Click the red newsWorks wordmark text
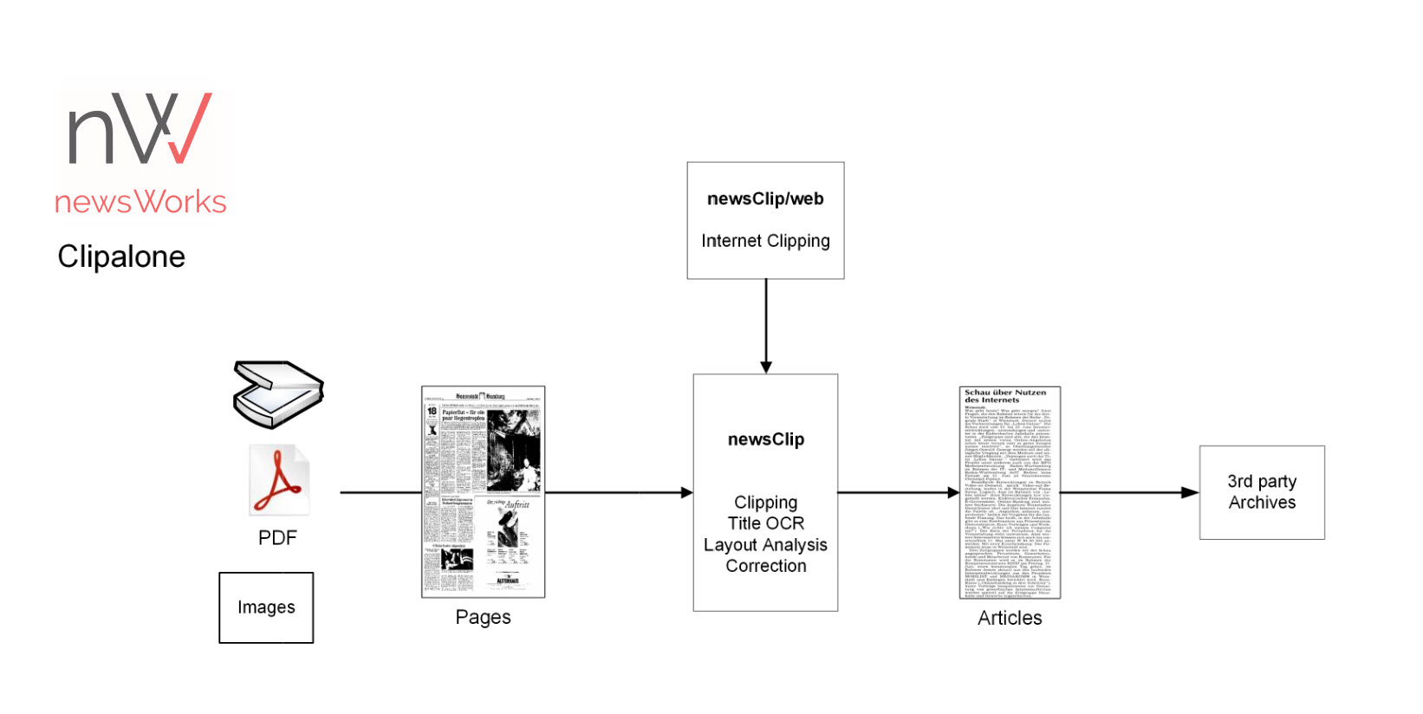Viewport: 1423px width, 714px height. click(x=140, y=202)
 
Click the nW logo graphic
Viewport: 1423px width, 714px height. click(x=140, y=128)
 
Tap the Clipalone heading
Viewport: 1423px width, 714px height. click(x=121, y=256)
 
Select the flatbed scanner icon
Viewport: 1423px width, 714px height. click(x=278, y=394)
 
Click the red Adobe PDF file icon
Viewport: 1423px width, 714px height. click(x=279, y=480)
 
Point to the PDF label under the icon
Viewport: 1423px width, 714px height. click(x=277, y=538)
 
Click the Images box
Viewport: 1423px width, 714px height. click(x=266, y=607)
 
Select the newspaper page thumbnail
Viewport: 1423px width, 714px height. click(x=483, y=491)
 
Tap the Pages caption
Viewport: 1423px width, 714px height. click(x=483, y=618)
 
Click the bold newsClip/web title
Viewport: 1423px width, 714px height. click(x=765, y=199)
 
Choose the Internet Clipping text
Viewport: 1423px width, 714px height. click(x=765, y=241)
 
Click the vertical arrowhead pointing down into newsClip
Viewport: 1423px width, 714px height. click(x=766, y=367)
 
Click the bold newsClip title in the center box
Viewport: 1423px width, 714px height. click(x=765, y=439)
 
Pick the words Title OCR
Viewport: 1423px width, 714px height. click(x=765, y=523)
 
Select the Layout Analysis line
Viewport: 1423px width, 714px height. click(x=765, y=545)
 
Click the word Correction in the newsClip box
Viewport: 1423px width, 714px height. click(x=765, y=566)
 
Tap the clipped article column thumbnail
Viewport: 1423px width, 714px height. click(x=1010, y=492)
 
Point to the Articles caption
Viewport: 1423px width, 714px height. click(x=1010, y=618)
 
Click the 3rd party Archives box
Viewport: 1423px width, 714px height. click(x=1262, y=492)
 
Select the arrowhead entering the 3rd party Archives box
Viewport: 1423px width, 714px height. click(x=1191, y=492)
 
